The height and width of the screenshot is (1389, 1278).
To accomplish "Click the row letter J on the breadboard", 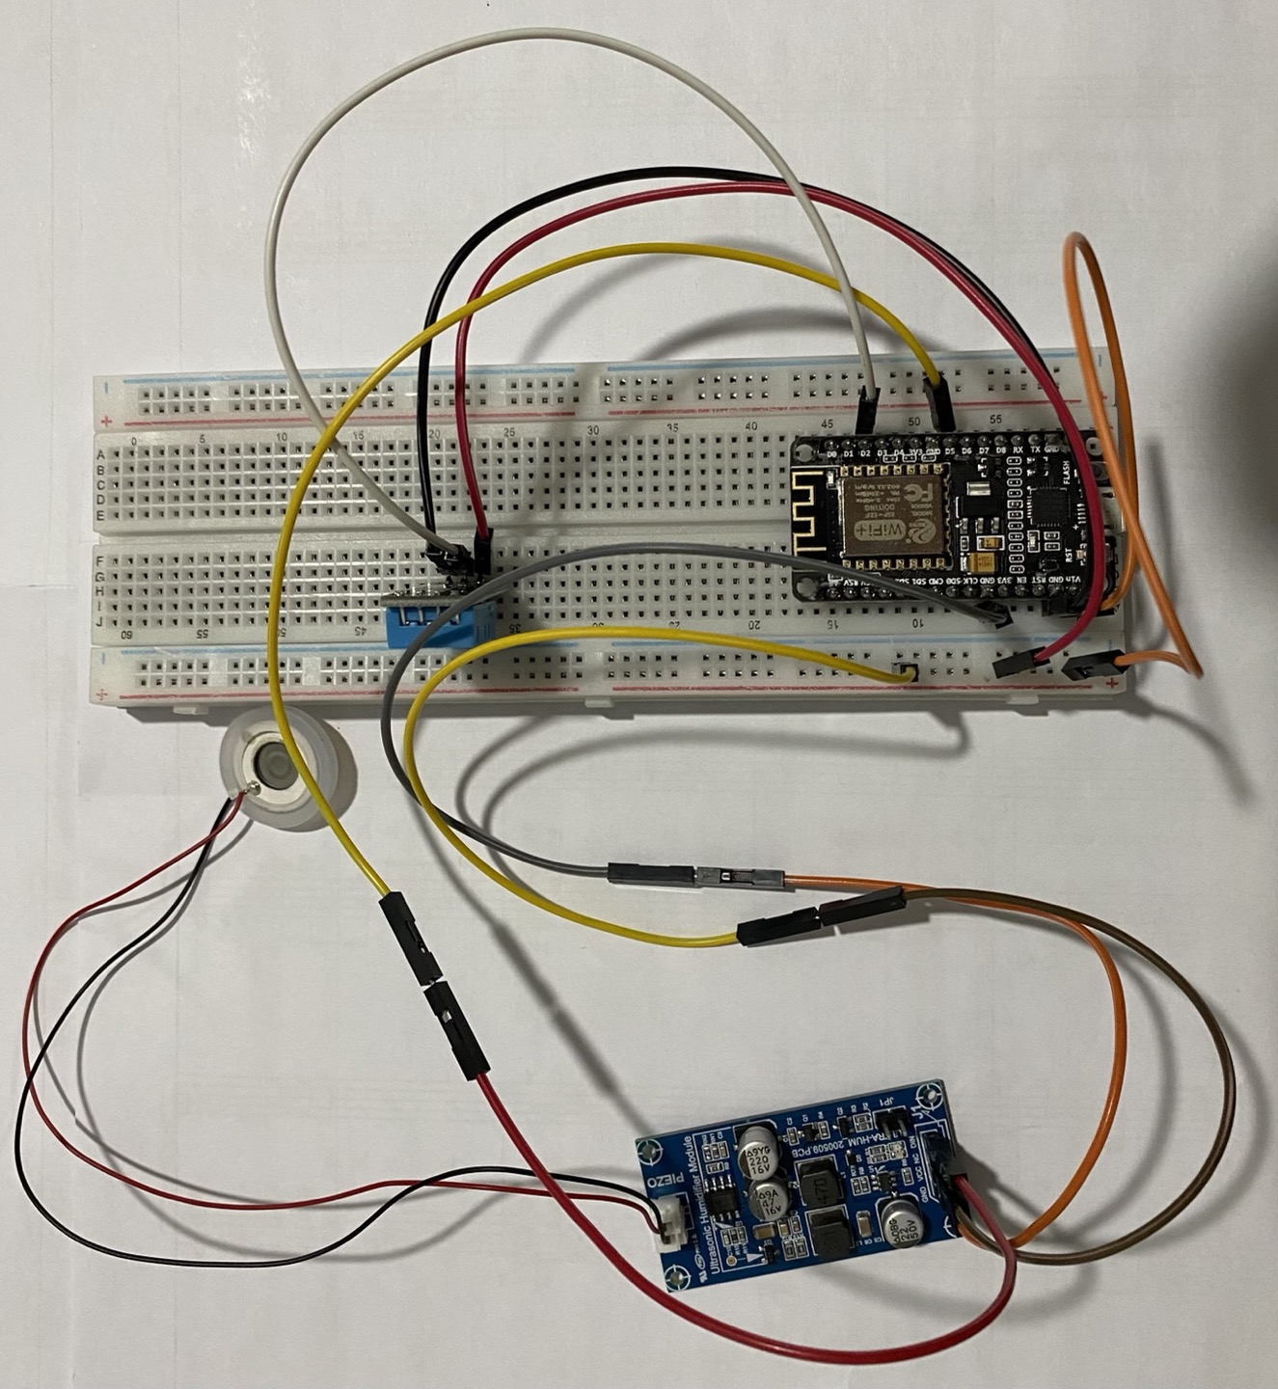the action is (x=100, y=620).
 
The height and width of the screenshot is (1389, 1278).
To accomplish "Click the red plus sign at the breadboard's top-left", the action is (x=105, y=422).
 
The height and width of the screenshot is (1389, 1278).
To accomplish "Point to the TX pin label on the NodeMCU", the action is (x=1035, y=449).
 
